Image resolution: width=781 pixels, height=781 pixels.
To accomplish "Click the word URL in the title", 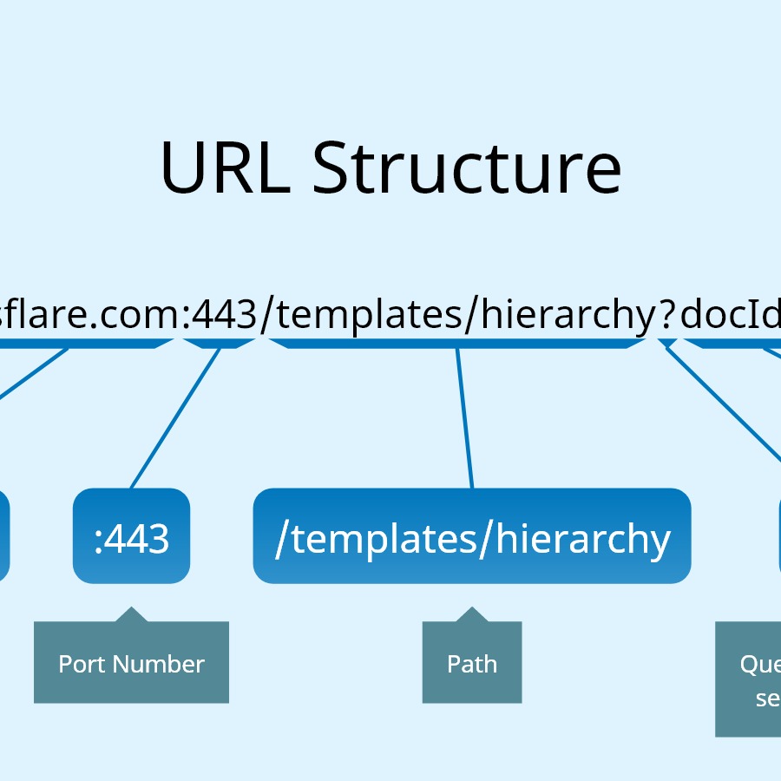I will (x=224, y=167).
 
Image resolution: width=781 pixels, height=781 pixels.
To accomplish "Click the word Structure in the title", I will (x=467, y=167).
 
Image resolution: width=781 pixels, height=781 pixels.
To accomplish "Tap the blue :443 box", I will (x=131, y=536).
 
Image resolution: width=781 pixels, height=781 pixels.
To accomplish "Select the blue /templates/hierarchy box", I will (x=471, y=536).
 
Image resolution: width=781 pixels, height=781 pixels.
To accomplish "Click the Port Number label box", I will (x=131, y=665).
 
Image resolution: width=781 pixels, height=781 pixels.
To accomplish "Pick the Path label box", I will (x=471, y=665).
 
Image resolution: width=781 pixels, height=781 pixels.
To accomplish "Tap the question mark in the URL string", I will (x=666, y=315).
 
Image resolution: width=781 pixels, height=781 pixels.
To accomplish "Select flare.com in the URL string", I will (x=87, y=315).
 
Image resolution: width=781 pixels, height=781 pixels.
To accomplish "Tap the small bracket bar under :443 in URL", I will (x=221, y=344).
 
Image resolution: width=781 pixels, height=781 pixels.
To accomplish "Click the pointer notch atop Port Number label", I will (x=131, y=614).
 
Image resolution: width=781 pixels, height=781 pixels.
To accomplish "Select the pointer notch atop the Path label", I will (x=471, y=614).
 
